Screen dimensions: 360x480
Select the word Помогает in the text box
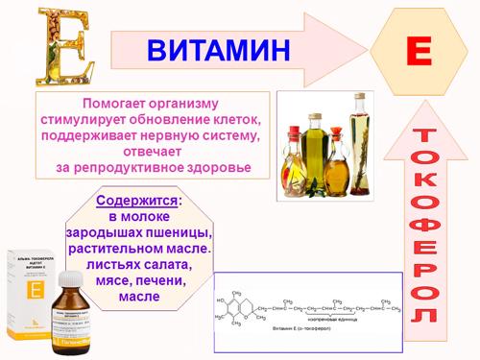121,103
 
